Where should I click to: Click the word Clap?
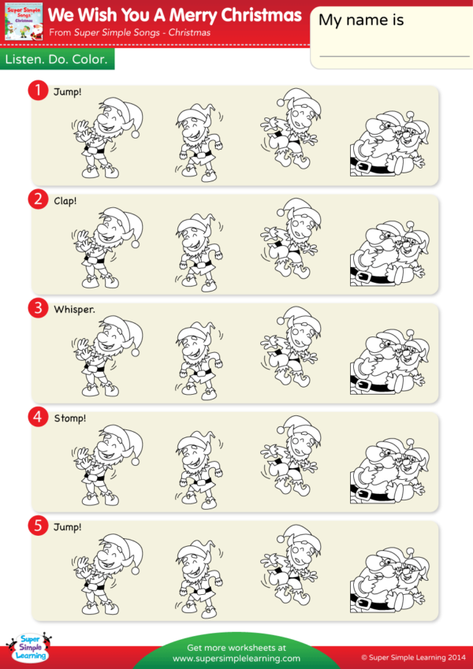coord(65,200)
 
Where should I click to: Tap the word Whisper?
coord(74,309)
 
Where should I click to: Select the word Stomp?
coord(69,417)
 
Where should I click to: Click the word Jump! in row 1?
coord(68,92)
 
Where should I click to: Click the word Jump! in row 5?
coord(68,526)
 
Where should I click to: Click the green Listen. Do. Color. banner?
coord(57,60)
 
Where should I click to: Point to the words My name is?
coord(361,20)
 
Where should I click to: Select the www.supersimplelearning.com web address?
coord(236,658)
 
